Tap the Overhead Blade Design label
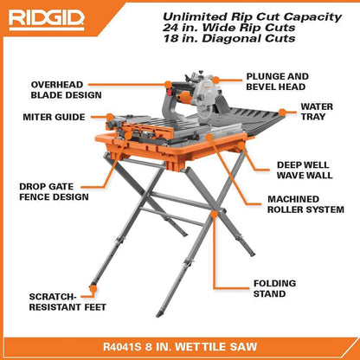click(x=66, y=89)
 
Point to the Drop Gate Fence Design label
click(x=54, y=190)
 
